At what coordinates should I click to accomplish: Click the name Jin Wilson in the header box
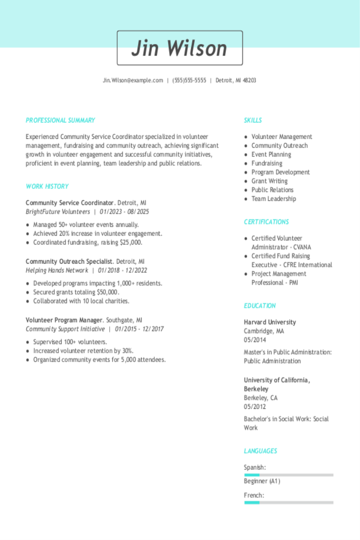click(180, 48)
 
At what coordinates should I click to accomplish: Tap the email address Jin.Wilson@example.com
click(133, 81)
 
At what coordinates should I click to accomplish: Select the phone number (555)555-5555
click(189, 81)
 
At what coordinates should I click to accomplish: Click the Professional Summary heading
click(60, 120)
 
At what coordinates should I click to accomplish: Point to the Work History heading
click(47, 187)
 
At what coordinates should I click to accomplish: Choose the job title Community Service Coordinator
click(70, 203)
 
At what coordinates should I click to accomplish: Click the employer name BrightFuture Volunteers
click(58, 212)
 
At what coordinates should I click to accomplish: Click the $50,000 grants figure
click(107, 292)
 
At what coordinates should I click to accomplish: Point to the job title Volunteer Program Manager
click(64, 320)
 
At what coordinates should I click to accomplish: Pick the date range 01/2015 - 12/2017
click(139, 329)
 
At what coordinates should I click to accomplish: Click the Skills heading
click(253, 120)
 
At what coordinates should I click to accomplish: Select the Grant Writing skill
click(270, 181)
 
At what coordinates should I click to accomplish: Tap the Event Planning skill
click(271, 154)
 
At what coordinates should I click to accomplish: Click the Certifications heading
click(266, 222)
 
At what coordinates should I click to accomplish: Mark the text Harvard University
click(270, 322)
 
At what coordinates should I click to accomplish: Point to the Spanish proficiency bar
click(288, 475)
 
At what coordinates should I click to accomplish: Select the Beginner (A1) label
click(262, 481)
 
